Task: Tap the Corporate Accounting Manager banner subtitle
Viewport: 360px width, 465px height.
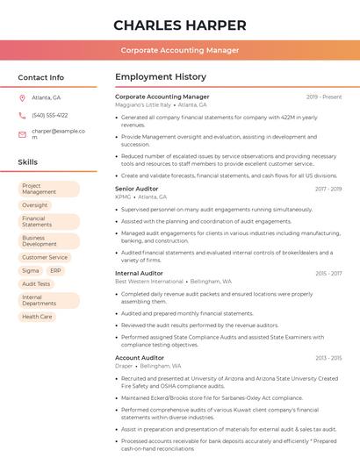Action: (x=179, y=50)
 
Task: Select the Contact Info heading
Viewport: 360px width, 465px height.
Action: (x=40, y=77)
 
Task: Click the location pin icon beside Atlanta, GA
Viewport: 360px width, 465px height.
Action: (x=22, y=97)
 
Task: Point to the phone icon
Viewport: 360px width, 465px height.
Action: (x=22, y=115)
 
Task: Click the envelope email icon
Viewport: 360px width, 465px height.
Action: (x=22, y=134)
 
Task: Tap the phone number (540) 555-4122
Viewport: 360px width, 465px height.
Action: (x=49, y=115)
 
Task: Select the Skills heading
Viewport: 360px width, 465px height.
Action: (x=27, y=162)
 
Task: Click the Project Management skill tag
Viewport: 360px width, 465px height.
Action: (x=48, y=189)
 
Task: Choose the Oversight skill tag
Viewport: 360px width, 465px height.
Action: (x=35, y=205)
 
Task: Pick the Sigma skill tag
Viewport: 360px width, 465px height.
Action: (x=31, y=271)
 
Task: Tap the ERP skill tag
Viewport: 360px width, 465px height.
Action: (x=55, y=271)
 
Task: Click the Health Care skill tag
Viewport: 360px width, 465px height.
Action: (x=37, y=317)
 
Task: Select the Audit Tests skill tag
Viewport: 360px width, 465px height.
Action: (x=36, y=284)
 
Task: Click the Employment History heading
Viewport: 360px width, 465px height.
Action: (x=160, y=77)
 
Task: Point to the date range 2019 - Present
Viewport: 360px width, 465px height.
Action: (x=324, y=97)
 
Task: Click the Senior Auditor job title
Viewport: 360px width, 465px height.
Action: (x=137, y=189)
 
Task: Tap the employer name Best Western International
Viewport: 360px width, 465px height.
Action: (x=149, y=282)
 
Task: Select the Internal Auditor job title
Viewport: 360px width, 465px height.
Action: (x=139, y=273)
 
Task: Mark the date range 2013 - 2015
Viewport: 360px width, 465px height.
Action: (x=328, y=358)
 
